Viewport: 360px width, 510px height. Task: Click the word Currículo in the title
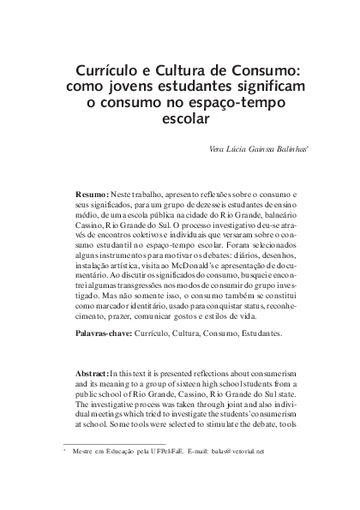(103, 70)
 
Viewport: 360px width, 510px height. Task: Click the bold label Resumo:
(92, 196)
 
